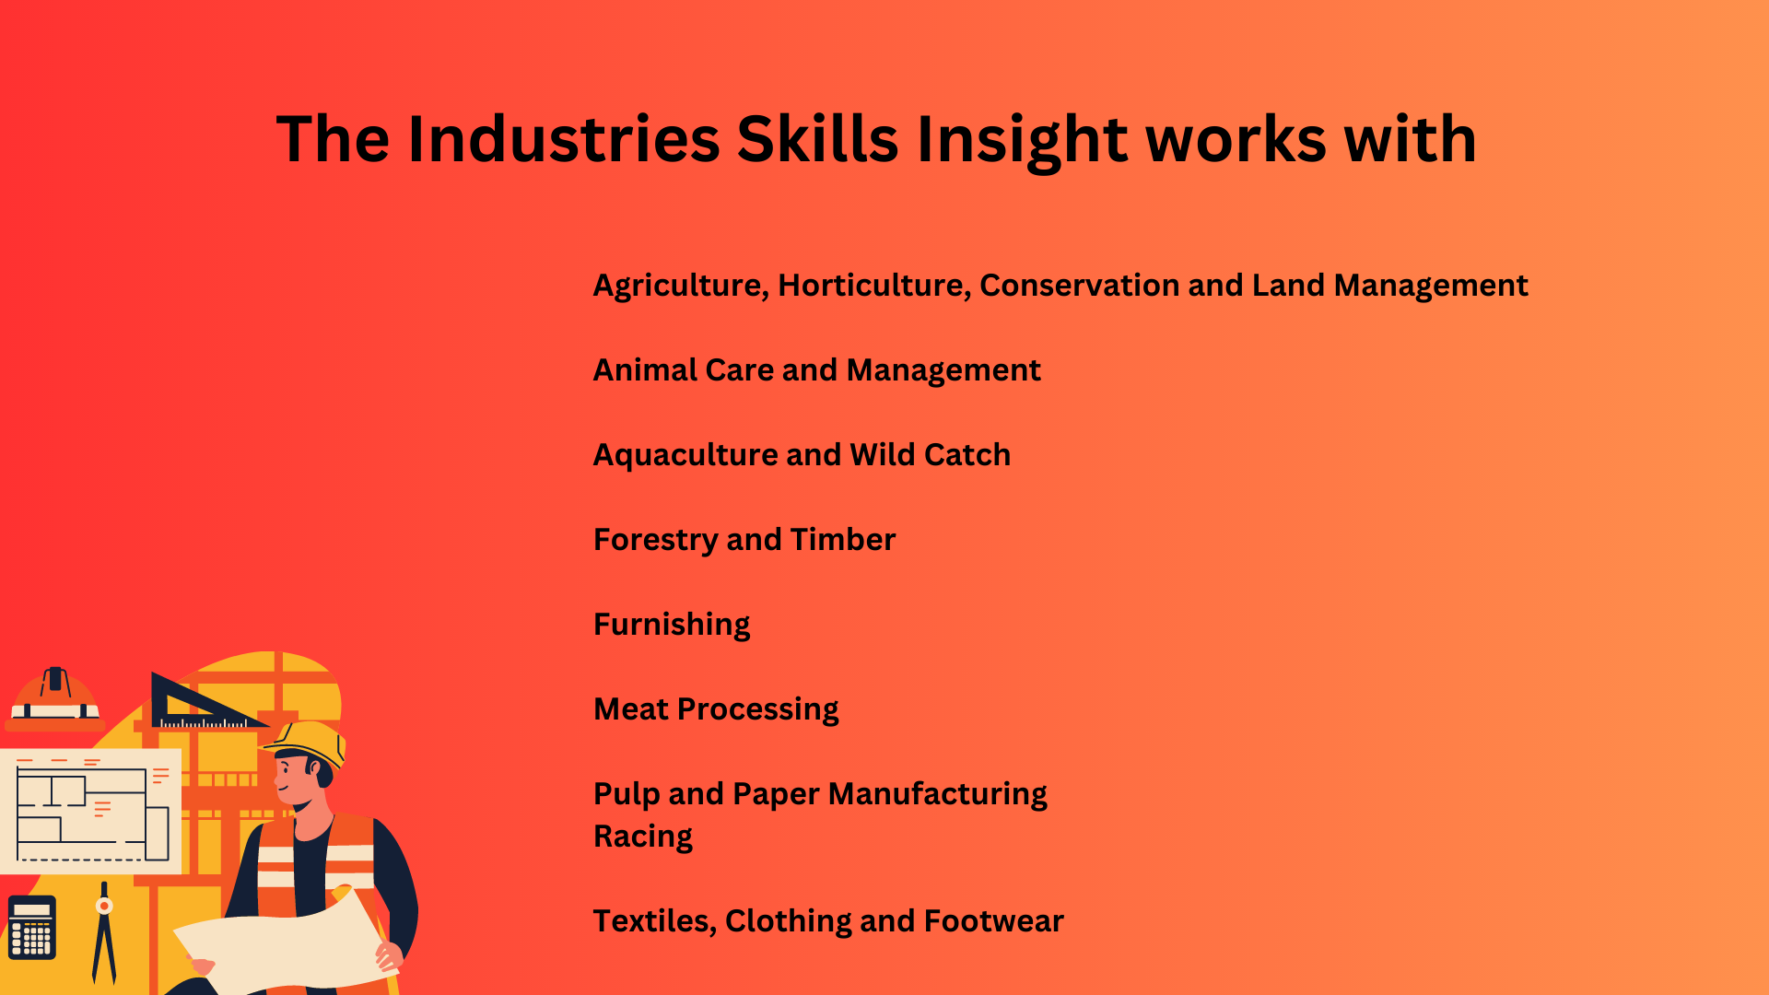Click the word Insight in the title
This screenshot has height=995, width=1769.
point(1021,140)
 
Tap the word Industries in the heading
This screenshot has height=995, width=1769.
point(564,139)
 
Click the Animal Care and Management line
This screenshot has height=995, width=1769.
point(816,370)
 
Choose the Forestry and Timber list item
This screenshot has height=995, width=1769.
point(744,540)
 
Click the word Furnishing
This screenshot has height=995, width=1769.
point(672,625)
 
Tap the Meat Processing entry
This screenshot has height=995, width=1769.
point(716,709)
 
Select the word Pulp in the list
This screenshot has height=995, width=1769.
point(627,794)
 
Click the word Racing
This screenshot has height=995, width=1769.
point(643,837)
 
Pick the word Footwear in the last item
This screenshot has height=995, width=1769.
point(993,921)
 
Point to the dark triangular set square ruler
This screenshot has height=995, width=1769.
point(203,702)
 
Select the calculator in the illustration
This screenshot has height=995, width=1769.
point(32,927)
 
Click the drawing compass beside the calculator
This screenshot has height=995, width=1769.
point(104,932)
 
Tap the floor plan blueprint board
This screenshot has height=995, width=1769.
point(90,812)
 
